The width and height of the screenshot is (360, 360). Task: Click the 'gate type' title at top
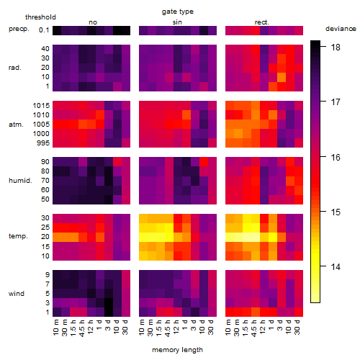tap(178, 12)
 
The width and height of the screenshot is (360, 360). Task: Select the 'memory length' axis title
tap(177, 350)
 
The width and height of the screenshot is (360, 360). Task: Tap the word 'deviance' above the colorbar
tap(341, 29)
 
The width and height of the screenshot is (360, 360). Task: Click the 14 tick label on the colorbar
tap(336, 266)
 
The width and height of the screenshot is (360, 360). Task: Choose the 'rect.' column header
tap(261, 22)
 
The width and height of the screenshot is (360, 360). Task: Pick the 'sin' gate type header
tap(177, 22)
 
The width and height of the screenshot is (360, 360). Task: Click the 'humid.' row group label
tap(20, 181)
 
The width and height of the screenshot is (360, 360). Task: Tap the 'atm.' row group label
tap(16, 125)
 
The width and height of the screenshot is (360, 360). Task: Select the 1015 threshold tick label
tap(41, 105)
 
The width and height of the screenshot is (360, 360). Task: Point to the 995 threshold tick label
tap(43, 143)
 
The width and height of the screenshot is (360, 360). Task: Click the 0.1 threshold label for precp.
tap(44, 30)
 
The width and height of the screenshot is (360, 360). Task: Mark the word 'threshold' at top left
tap(40, 17)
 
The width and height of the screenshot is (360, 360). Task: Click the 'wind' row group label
tap(17, 294)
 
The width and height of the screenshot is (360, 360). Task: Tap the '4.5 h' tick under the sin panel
tap(168, 328)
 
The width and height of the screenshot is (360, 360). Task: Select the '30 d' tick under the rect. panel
tap(297, 327)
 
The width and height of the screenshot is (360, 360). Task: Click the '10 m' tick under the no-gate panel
tap(56, 328)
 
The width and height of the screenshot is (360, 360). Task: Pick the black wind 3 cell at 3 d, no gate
tap(109, 302)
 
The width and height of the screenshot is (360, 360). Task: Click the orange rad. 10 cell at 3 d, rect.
tap(282, 77)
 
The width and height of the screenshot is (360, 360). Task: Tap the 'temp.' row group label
tap(18, 236)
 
